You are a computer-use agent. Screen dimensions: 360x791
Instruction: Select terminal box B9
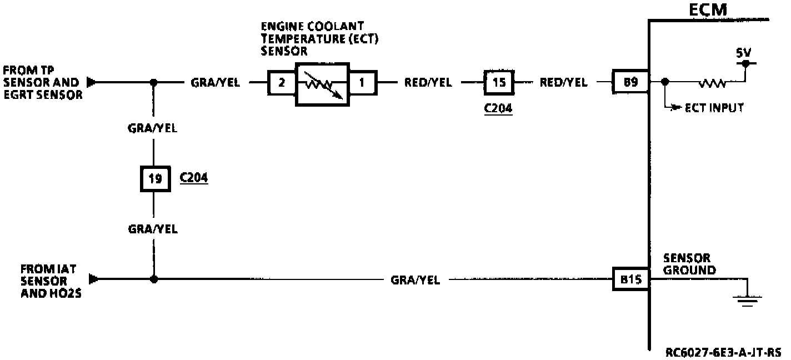(630, 82)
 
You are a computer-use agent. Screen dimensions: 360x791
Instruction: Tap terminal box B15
(630, 279)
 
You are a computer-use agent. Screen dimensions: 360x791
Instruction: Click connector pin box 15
(499, 82)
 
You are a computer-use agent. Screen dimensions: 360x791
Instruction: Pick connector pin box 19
(155, 179)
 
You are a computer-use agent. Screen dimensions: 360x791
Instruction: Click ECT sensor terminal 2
(282, 83)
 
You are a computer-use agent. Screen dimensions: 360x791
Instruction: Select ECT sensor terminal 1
(362, 83)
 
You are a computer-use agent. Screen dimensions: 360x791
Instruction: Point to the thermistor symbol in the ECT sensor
(322, 83)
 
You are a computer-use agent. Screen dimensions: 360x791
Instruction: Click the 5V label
(743, 53)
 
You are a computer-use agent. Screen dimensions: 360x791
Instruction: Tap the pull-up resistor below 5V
(713, 83)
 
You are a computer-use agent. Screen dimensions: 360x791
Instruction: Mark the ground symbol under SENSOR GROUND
(747, 301)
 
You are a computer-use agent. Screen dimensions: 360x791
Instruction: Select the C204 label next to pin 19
(194, 178)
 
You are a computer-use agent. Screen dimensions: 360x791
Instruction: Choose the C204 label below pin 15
(498, 108)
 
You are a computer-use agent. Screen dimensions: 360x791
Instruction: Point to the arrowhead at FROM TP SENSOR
(92, 83)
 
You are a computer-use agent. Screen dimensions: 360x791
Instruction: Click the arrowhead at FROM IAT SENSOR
(93, 279)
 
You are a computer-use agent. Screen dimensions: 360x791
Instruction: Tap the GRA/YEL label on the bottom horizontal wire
(415, 281)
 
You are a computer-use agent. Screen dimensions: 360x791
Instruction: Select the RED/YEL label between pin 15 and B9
(563, 83)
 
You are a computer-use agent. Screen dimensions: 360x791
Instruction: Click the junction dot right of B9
(666, 83)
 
